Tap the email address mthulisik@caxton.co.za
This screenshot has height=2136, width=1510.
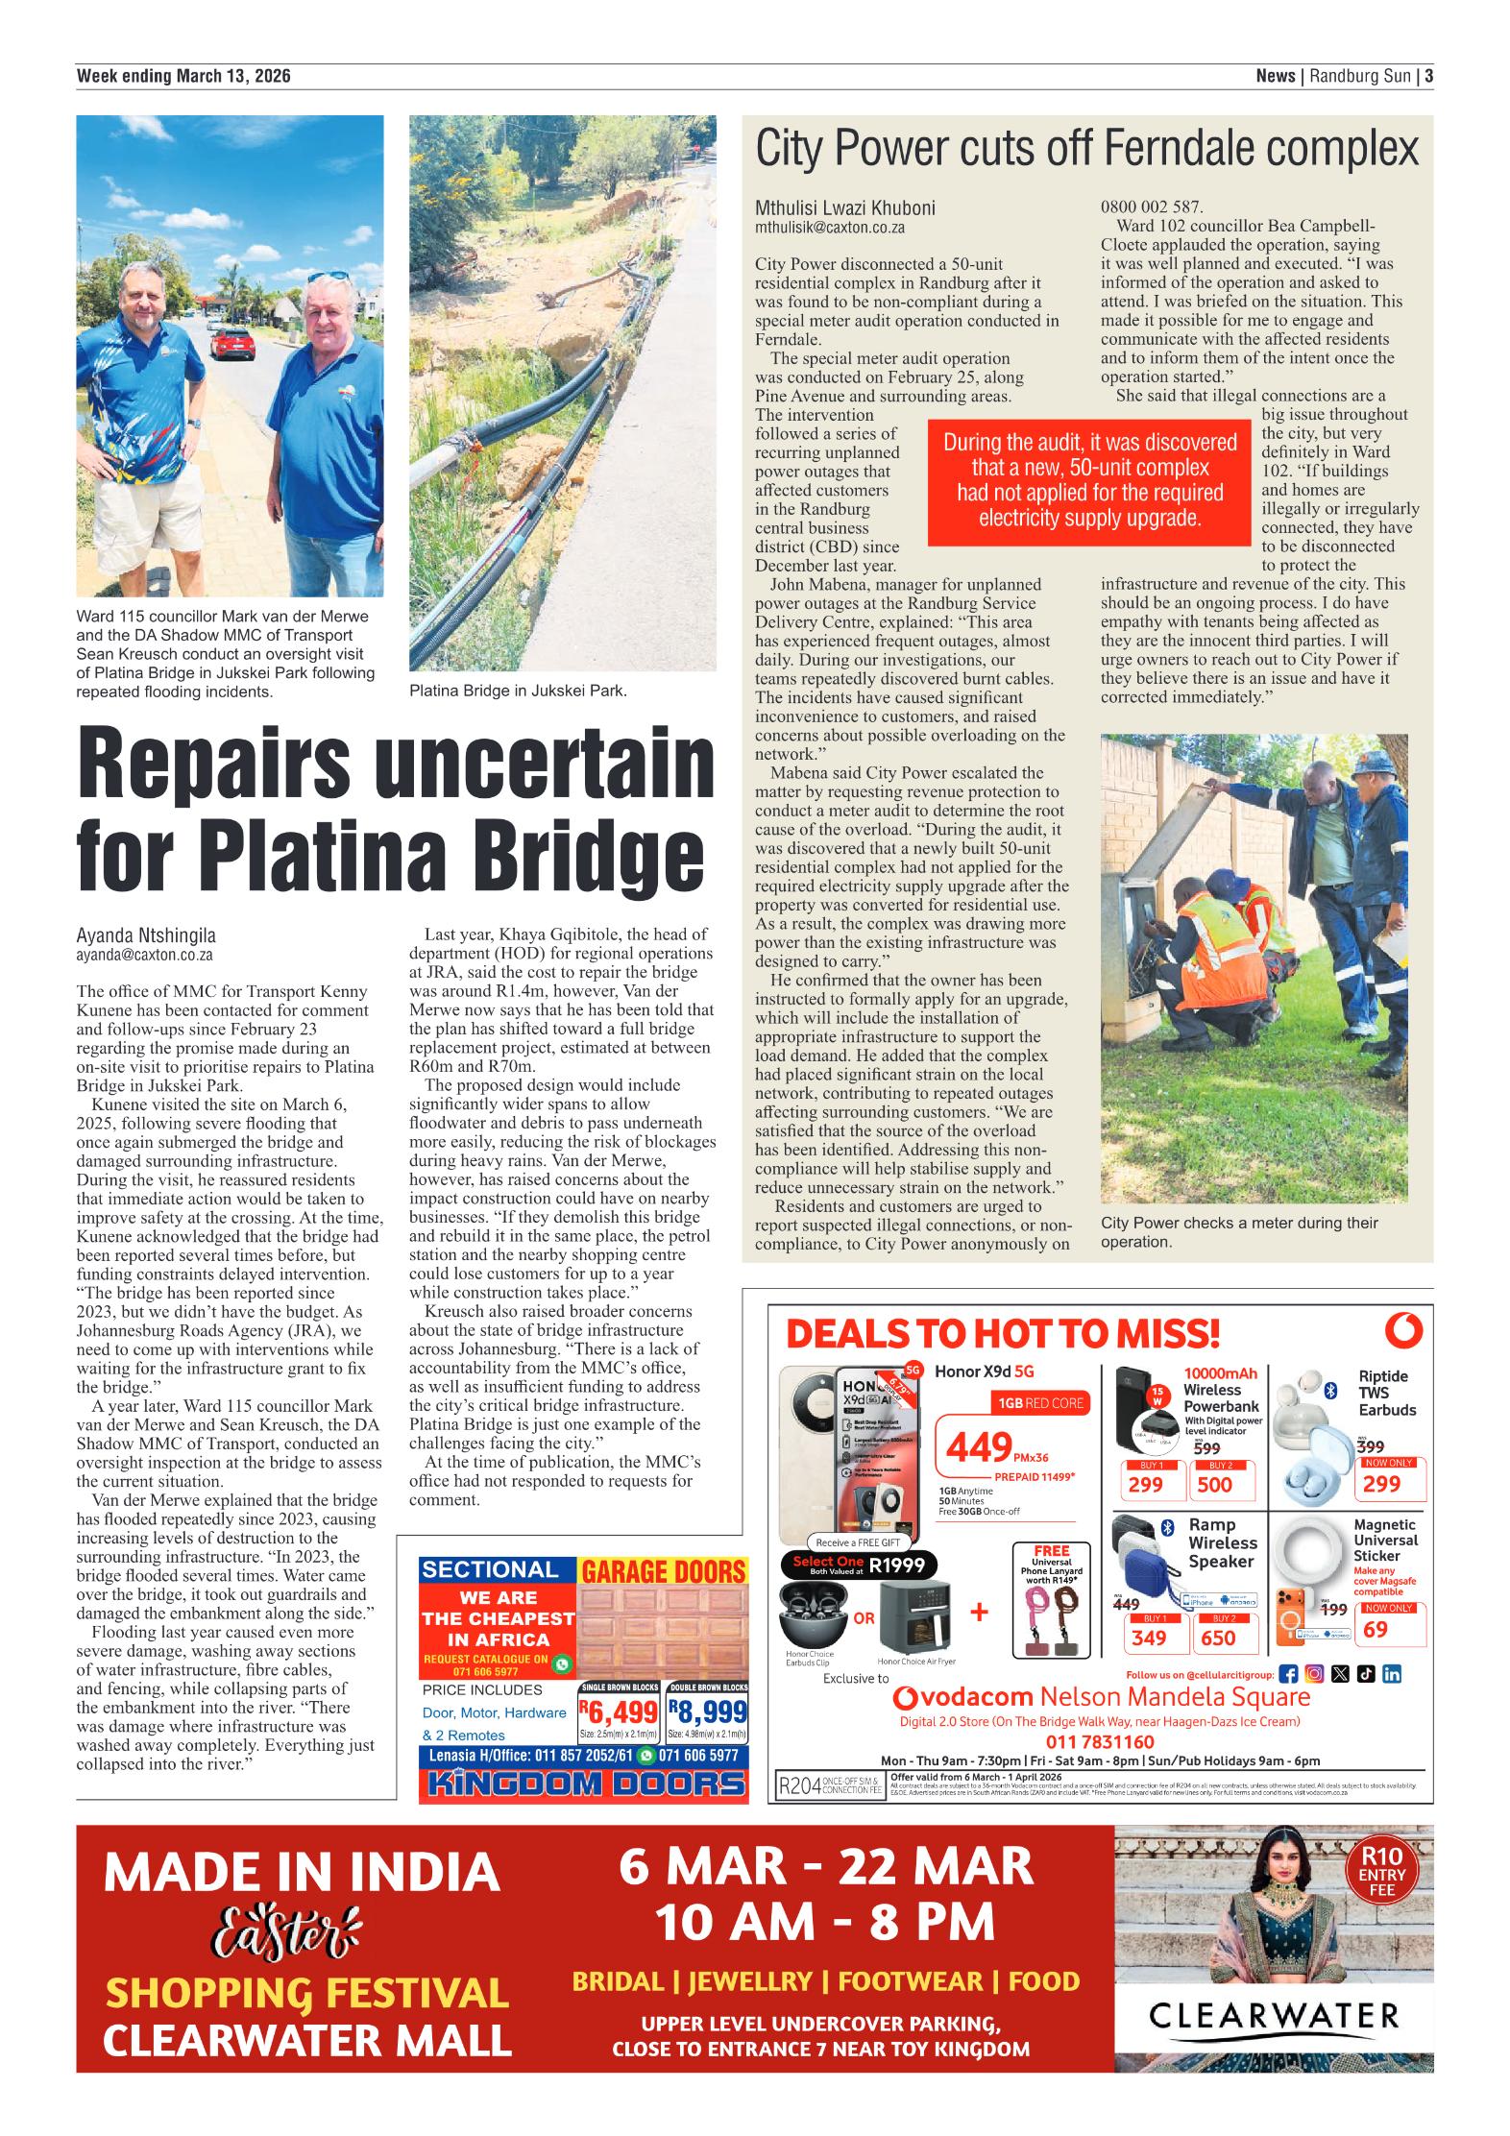point(829,228)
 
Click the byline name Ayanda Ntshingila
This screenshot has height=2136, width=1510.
point(146,934)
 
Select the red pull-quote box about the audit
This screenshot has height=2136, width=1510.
point(1089,480)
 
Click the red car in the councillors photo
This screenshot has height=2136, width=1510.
point(232,343)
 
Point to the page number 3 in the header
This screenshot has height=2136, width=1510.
point(1428,76)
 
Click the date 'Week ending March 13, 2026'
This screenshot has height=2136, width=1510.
point(183,76)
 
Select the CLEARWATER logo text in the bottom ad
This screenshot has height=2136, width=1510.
point(1274,2014)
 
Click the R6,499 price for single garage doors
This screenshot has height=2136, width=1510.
point(620,1711)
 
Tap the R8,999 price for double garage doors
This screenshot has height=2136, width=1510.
point(708,1711)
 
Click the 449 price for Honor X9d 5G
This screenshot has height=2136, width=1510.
point(979,1446)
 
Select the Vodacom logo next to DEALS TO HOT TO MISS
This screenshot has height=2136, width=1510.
point(1403,1330)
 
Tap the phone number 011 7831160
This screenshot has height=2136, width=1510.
point(1099,1741)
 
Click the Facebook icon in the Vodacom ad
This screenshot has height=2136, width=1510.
point(1288,1674)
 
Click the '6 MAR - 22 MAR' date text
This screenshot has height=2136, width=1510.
point(825,1867)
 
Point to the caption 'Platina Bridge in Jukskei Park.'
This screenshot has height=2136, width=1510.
point(518,691)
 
